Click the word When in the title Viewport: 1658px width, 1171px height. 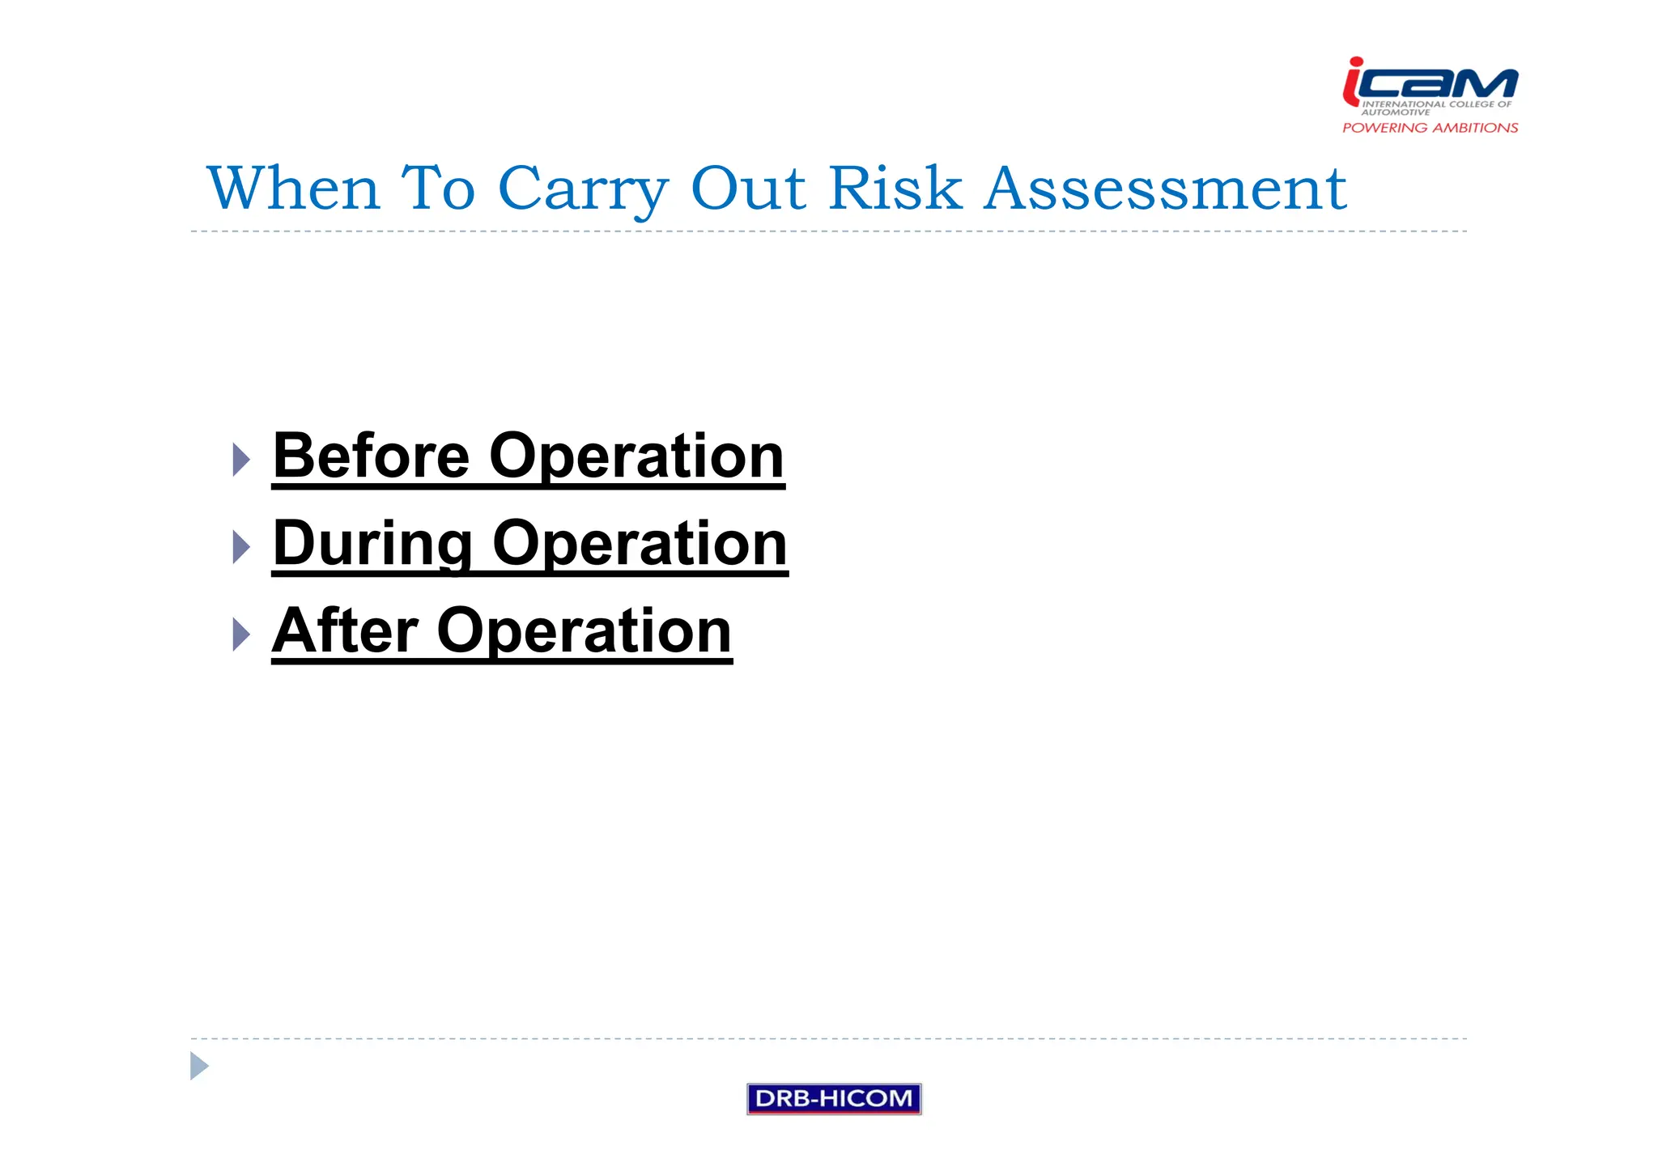click(x=293, y=189)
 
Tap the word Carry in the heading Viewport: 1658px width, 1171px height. click(x=583, y=190)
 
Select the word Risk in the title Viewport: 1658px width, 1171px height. click(x=895, y=189)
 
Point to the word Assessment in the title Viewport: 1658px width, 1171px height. click(x=1165, y=189)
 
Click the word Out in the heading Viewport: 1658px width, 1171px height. click(x=749, y=189)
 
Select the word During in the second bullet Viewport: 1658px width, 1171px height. click(x=372, y=544)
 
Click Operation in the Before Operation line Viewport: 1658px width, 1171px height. click(x=636, y=457)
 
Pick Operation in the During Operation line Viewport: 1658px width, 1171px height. click(x=640, y=545)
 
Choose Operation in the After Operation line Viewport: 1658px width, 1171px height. click(x=584, y=632)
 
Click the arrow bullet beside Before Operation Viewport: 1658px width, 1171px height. click(x=241, y=460)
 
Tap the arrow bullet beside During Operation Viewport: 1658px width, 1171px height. click(x=241, y=547)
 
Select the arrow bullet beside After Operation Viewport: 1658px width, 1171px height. click(x=241, y=634)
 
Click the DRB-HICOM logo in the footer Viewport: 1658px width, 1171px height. click(x=834, y=1099)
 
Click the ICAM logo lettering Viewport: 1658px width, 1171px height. click(x=1441, y=83)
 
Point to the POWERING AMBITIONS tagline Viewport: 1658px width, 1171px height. click(x=1430, y=128)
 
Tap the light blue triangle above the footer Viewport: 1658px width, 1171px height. click(x=198, y=1066)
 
